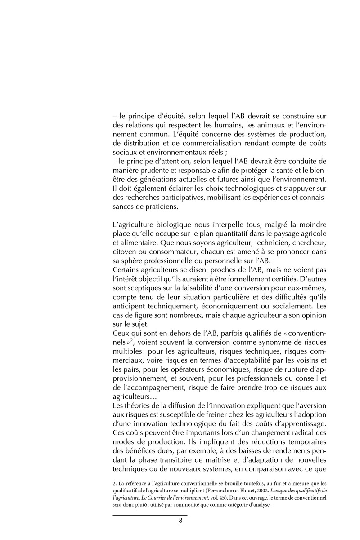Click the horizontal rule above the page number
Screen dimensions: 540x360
tap(149, 514)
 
